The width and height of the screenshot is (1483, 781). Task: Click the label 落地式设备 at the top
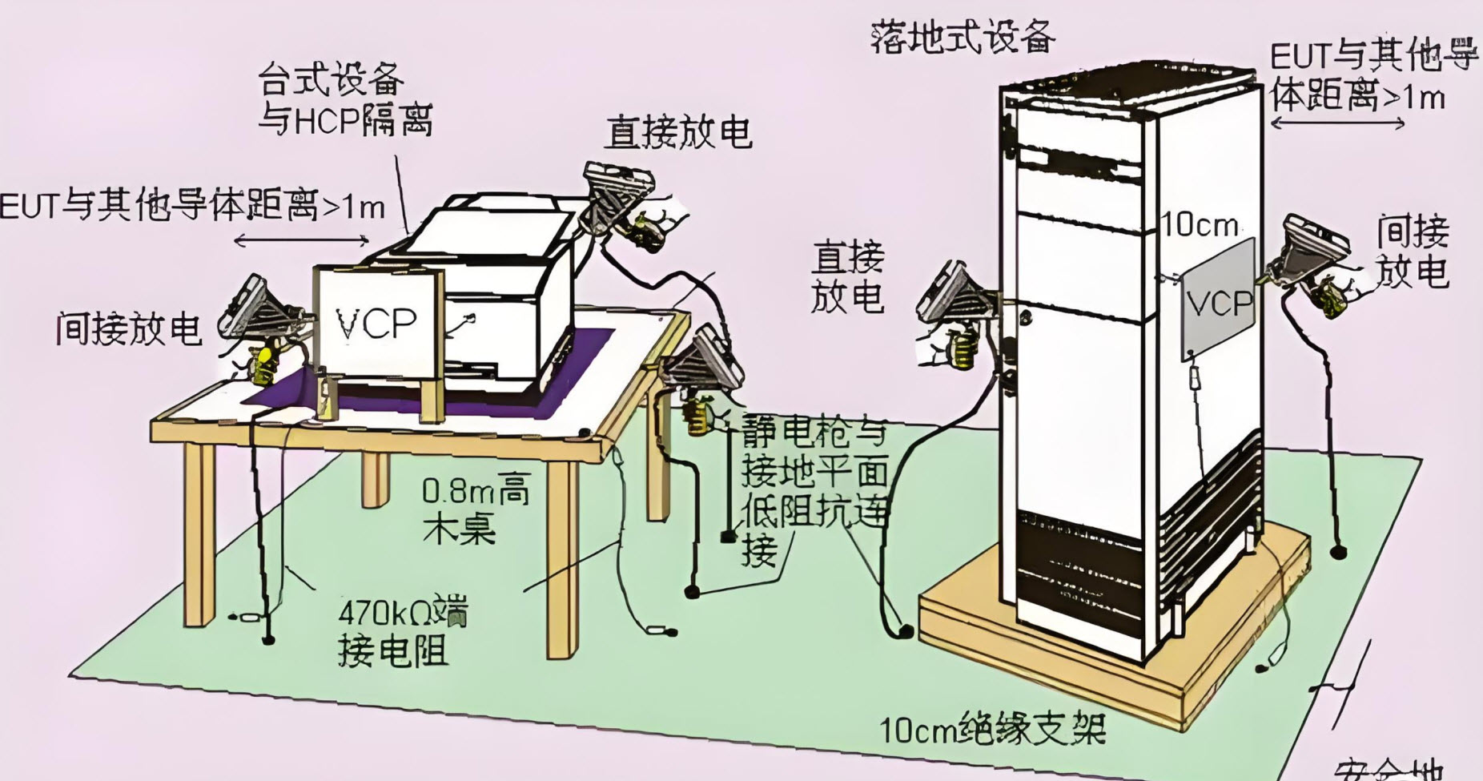963,35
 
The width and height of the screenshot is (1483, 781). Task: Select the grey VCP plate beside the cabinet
1218,300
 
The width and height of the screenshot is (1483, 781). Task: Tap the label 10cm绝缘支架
993,729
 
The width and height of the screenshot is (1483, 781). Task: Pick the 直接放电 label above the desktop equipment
677,132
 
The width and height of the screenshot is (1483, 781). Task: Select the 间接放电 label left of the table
128,328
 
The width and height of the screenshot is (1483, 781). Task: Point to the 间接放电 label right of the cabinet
1413,252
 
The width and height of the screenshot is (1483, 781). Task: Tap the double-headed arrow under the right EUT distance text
1337,123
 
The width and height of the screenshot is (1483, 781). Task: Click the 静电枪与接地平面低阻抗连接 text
813,489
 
